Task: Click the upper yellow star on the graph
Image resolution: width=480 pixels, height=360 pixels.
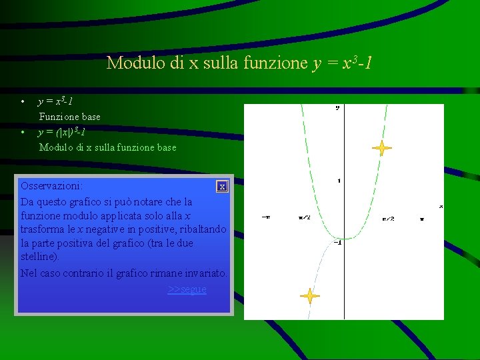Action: coord(381,148)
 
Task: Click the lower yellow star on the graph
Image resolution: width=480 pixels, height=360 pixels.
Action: coord(309,296)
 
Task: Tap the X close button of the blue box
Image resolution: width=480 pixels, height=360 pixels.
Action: coord(222,187)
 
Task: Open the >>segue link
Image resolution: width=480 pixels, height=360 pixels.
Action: coord(187,289)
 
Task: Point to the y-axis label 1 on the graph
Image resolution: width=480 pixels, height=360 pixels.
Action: coord(339,181)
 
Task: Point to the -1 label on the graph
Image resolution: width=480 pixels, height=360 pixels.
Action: coord(337,242)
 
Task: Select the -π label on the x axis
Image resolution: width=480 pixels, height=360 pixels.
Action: coord(266,217)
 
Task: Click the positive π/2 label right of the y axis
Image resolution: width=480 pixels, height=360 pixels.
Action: coord(387,219)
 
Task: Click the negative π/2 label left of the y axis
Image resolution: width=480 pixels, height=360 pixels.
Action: coord(305,217)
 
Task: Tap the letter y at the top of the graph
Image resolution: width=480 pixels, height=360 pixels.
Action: coord(337,107)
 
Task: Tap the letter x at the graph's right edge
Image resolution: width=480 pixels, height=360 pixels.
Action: coord(441,207)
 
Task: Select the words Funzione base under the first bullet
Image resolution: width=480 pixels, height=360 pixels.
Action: coord(69,117)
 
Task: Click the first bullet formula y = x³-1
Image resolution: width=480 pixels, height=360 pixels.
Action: coord(55,101)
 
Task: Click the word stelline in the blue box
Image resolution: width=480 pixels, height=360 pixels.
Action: coord(39,257)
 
